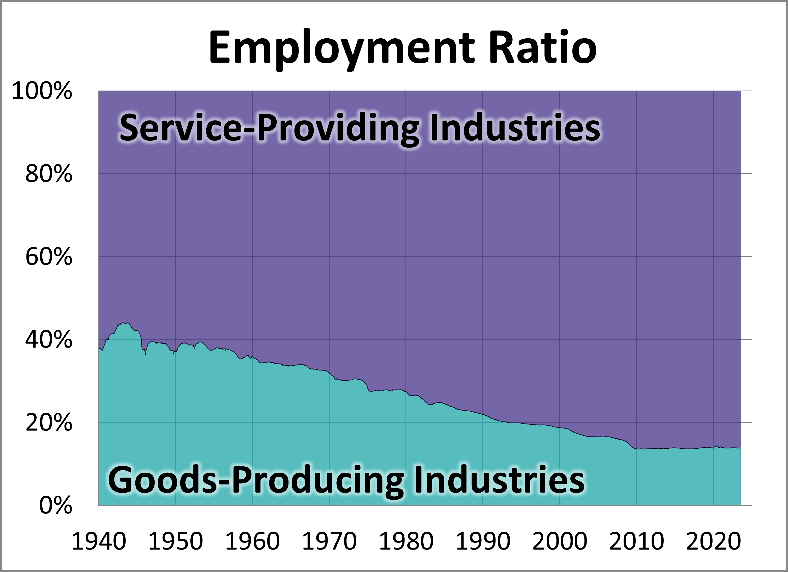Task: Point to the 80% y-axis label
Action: pos(49,174)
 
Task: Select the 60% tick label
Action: pos(49,257)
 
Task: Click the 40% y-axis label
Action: pos(49,340)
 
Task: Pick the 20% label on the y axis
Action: pos(49,423)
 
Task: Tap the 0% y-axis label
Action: pos(55,506)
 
